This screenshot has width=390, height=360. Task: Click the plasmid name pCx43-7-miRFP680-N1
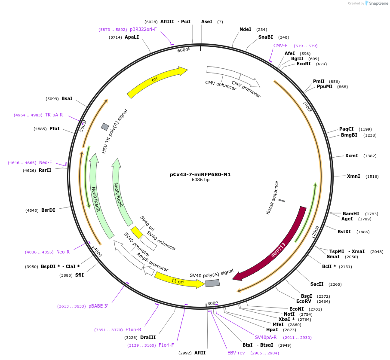tap(200, 174)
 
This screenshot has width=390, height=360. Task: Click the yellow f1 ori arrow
tap(178, 281)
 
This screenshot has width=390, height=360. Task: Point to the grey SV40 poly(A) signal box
tap(212, 283)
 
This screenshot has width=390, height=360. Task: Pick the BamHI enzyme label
tap(351, 214)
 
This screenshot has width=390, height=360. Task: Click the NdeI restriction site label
tap(245, 30)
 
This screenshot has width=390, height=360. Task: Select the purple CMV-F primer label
tap(280, 46)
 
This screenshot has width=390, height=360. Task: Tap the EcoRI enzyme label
tap(304, 64)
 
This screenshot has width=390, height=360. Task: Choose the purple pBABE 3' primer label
tap(98, 306)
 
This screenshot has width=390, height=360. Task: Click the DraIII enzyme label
tap(148, 338)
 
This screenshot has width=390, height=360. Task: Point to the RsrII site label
tap(45, 171)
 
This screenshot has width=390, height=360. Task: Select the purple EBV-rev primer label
tap(236, 353)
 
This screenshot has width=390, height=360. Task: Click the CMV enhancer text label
tap(221, 85)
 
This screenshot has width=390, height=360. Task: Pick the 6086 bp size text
tap(200, 180)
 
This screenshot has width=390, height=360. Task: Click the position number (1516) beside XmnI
tap(372, 177)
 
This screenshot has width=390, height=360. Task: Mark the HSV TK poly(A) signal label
tap(115, 131)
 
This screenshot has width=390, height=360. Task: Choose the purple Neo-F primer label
tap(46, 163)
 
